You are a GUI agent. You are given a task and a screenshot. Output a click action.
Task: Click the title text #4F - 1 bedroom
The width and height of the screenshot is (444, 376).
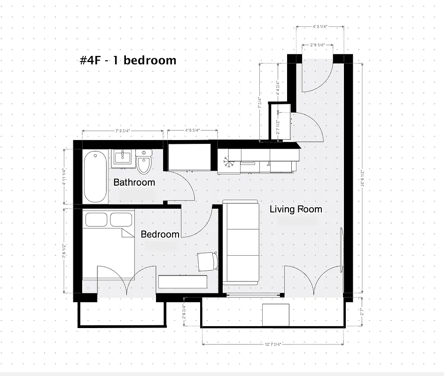coord(128,61)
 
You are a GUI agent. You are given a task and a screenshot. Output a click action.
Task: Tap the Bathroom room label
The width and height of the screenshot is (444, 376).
coord(134,182)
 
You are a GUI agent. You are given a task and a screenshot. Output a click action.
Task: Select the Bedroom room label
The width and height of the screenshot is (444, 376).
coord(160,234)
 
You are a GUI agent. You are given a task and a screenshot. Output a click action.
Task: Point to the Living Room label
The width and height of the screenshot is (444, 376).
coord(296,209)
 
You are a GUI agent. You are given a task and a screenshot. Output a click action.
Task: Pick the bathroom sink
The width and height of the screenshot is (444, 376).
coord(123,157)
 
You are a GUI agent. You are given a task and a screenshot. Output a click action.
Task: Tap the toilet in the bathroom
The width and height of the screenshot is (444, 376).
coord(144,162)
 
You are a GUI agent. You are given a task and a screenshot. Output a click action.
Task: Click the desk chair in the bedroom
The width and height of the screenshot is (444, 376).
coord(207,261)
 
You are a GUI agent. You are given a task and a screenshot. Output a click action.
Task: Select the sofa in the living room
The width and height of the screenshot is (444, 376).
coord(241,243)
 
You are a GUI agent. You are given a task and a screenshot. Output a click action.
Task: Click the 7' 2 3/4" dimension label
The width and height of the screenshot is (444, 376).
coord(123,130)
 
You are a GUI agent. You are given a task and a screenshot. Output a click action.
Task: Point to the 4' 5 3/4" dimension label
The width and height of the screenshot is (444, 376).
coord(193,130)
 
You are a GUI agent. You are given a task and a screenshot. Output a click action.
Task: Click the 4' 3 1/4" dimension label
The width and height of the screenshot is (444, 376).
coord(320,27)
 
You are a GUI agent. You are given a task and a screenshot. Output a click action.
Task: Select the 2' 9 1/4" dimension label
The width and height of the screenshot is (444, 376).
coord(318,45)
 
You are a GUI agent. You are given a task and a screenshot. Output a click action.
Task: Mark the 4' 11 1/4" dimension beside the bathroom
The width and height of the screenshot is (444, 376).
coord(64,177)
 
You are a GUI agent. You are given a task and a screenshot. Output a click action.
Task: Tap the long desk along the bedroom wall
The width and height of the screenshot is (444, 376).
coord(183,282)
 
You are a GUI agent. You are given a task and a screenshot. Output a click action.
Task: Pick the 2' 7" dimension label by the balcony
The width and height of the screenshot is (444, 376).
coord(362,311)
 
